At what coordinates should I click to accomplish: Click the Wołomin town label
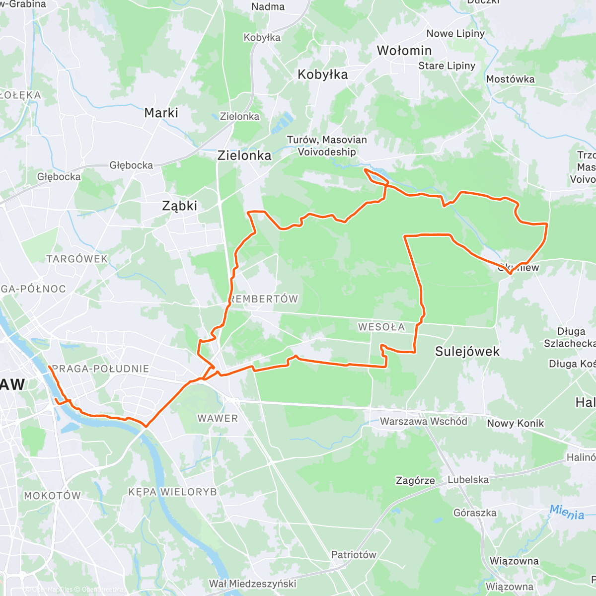(404, 51)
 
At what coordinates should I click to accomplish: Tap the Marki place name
(161, 113)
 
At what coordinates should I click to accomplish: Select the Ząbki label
(180, 206)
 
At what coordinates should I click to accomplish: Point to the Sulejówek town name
(467, 352)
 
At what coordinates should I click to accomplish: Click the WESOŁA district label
(381, 327)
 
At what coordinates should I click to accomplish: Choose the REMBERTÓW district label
(264, 299)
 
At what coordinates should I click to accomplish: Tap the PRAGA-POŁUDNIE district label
(100, 369)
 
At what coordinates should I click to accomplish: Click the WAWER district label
(218, 419)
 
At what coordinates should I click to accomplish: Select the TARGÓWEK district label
(77, 259)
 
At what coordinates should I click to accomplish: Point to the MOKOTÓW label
(52, 496)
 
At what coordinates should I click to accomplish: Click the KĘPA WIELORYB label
(172, 492)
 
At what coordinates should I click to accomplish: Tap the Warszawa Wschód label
(423, 422)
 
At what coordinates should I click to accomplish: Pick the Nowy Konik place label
(515, 424)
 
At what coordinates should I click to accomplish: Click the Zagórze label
(415, 481)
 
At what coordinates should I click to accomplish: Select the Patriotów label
(354, 555)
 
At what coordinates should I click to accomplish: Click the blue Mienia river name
(567, 512)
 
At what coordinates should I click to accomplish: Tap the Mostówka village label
(510, 79)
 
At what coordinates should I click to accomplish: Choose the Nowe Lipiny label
(455, 34)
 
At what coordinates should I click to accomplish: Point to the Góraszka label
(475, 513)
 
